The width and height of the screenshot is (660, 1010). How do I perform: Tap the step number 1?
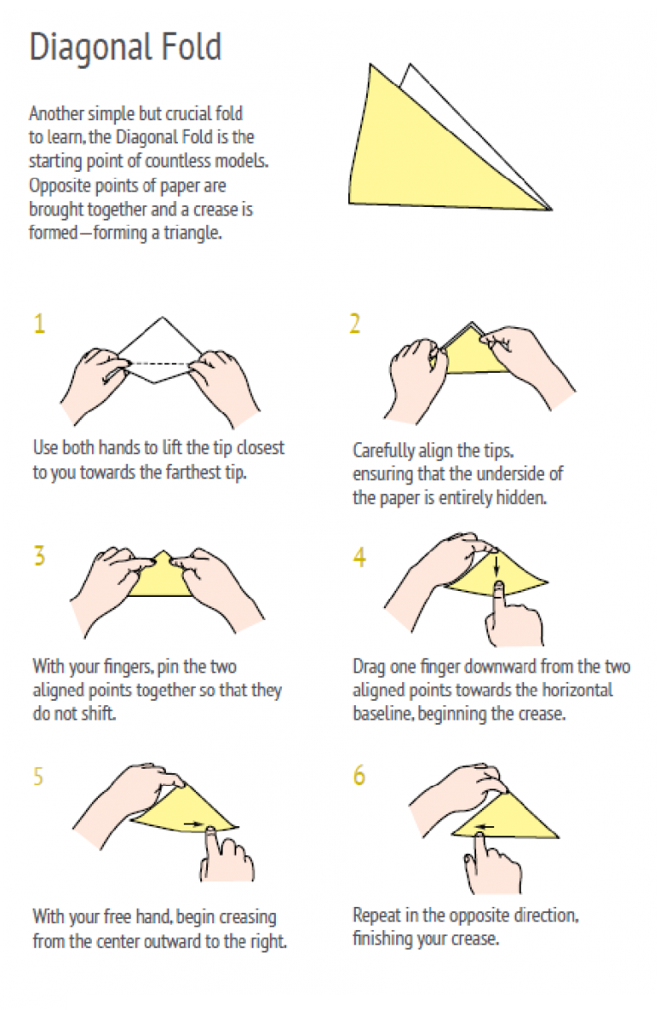coord(40,323)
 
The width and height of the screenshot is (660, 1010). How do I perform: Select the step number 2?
coord(355,323)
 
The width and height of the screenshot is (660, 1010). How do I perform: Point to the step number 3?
coord(40,555)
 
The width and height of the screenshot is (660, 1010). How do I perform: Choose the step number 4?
coord(359,557)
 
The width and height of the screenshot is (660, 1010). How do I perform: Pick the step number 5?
coord(39,776)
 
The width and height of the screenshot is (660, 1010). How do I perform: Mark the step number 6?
coord(359,775)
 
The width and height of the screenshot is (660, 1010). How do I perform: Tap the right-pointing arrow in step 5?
coord(192,823)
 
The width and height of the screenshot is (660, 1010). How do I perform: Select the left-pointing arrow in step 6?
coord(484,827)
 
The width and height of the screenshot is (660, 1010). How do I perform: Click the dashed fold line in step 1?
coord(160,364)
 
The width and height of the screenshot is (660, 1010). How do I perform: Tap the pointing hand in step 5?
coord(225,855)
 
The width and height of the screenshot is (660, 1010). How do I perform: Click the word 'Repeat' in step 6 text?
coord(377,916)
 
